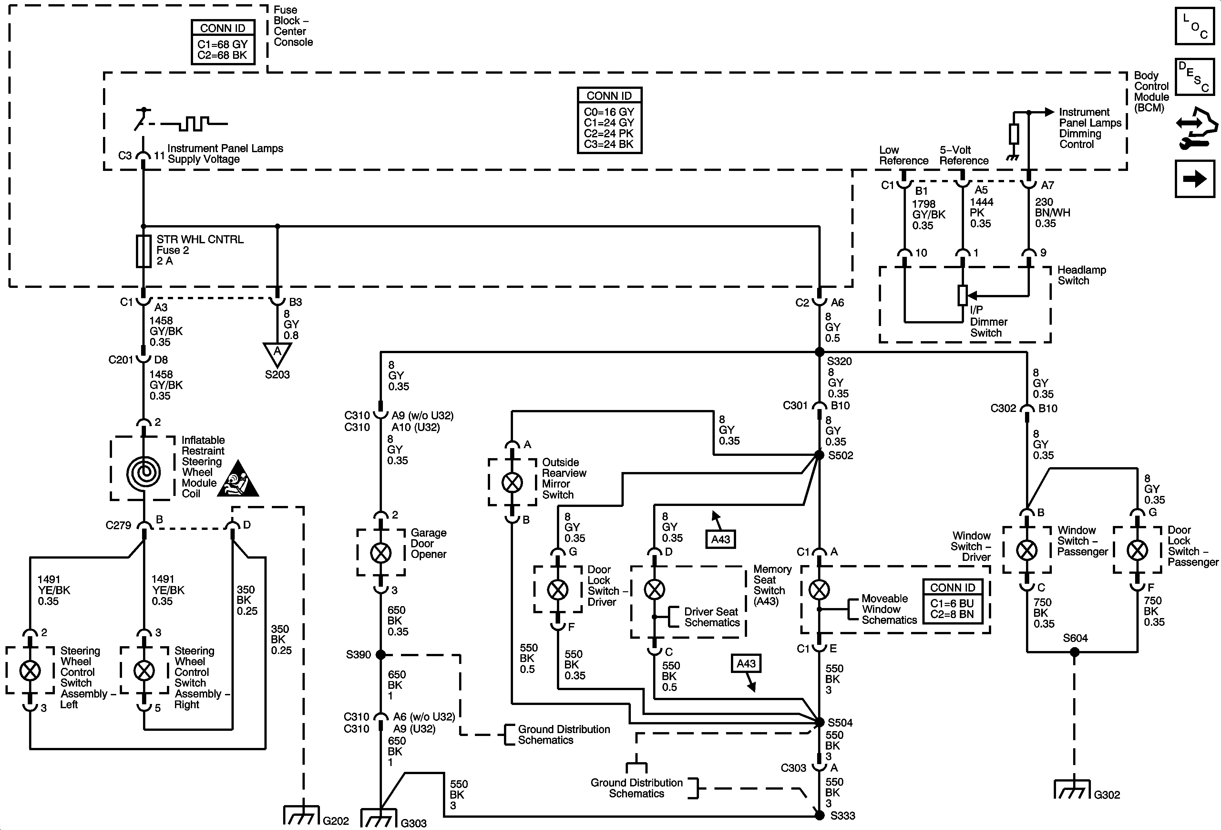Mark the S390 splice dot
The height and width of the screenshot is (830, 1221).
(x=381, y=655)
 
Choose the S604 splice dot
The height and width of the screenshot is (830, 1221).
(x=1074, y=652)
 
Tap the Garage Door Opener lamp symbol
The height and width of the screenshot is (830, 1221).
(x=381, y=553)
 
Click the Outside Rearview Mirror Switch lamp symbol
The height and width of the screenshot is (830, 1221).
(x=512, y=482)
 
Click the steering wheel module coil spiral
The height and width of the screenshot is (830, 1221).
(x=143, y=473)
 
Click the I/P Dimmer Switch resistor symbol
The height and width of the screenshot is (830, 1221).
(x=962, y=295)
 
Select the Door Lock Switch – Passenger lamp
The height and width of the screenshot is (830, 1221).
(x=1137, y=550)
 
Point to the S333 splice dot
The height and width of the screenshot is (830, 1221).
(x=819, y=815)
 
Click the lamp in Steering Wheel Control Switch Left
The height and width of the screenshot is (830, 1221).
(x=30, y=670)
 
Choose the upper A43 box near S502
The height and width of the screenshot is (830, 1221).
(x=720, y=539)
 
